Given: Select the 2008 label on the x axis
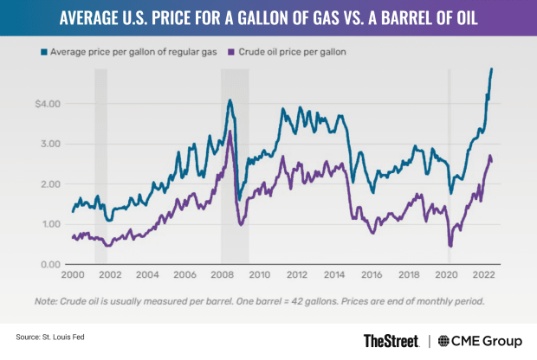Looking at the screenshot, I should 221,277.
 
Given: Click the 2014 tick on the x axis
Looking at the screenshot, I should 332,277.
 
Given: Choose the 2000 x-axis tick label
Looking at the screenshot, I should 74,277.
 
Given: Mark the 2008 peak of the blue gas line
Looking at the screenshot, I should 230,100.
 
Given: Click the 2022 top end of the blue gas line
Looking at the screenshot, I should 492,69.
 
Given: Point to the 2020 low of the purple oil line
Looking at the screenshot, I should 450,246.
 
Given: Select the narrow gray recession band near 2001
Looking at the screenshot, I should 100,164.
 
